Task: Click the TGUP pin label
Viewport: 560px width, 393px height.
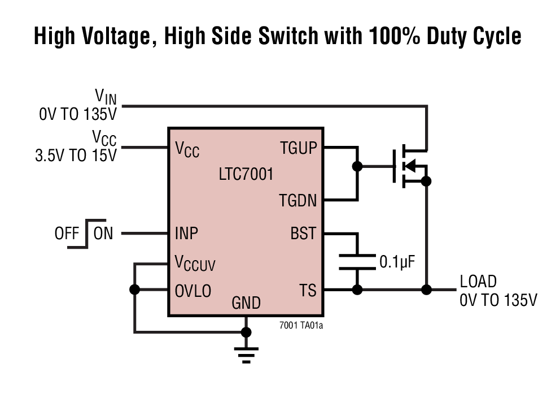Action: pyautogui.click(x=299, y=148)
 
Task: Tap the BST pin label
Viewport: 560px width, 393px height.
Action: pyautogui.click(x=303, y=233)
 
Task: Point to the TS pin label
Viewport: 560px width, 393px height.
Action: pyautogui.click(x=308, y=290)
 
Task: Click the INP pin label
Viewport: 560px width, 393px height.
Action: pyautogui.click(x=186, y=233)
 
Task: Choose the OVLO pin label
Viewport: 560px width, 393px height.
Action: pyautogui.click(x=193, y=291)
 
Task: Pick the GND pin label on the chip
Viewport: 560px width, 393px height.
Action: pyautogui.click(x=246, y=304)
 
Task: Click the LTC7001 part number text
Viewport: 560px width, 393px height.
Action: pyautogui.click(x=246, y=174)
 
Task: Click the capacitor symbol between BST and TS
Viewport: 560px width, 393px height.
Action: pyautogui.click(x=357, y=262)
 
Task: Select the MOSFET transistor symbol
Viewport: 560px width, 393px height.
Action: pyautogui.click(x=409, y=166)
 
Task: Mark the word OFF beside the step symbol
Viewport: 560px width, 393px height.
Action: pyautogui.click(x=67, y=233)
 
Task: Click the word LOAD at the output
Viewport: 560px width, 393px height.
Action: pyautogui.click(x=478, y=282)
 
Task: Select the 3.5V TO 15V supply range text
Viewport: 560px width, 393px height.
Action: pyautogui.click(x=76, y=156)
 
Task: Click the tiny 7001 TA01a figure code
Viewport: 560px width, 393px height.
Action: pyautogui.click(x=301, y=325)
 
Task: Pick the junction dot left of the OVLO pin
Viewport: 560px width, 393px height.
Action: pyautogui.click(x=134, y=290)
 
